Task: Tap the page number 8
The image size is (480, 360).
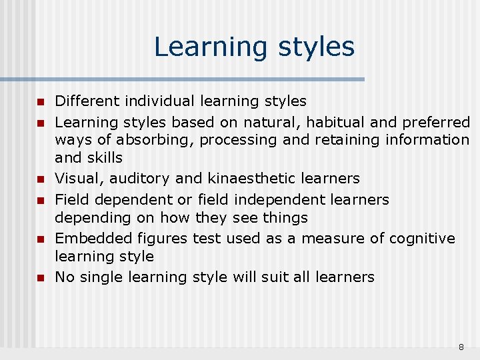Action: click(461, 347)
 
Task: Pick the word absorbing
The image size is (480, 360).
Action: click(151, 140)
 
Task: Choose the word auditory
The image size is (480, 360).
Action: click(134, 179)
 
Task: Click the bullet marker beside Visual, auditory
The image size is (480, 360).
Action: click(40, 179)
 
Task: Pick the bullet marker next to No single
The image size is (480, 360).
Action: click(40, 277)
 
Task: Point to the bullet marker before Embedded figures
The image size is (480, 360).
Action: click(40, 239)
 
